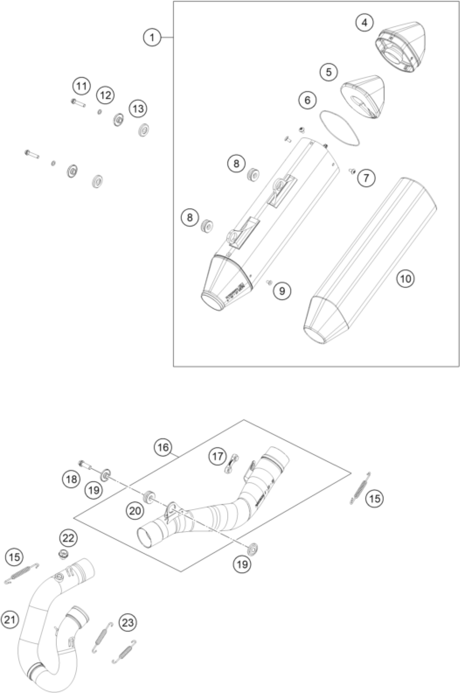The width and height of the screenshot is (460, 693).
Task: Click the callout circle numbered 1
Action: pos(152,38)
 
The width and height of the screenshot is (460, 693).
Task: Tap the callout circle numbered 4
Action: pos(365,22)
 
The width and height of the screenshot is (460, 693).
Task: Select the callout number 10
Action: pos(406,278)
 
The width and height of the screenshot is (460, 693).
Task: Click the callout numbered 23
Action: pos(128,623)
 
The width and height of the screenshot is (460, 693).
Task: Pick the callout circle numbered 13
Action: pos(138,109)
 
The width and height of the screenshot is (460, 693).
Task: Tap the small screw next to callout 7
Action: pos(352,170)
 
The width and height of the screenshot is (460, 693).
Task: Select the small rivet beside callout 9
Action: pos(268,282)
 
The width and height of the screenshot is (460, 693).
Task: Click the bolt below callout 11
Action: pos(78,102)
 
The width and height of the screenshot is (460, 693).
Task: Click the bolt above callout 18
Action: pos(85,465)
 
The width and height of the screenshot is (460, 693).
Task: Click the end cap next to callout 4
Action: pos(401,47)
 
